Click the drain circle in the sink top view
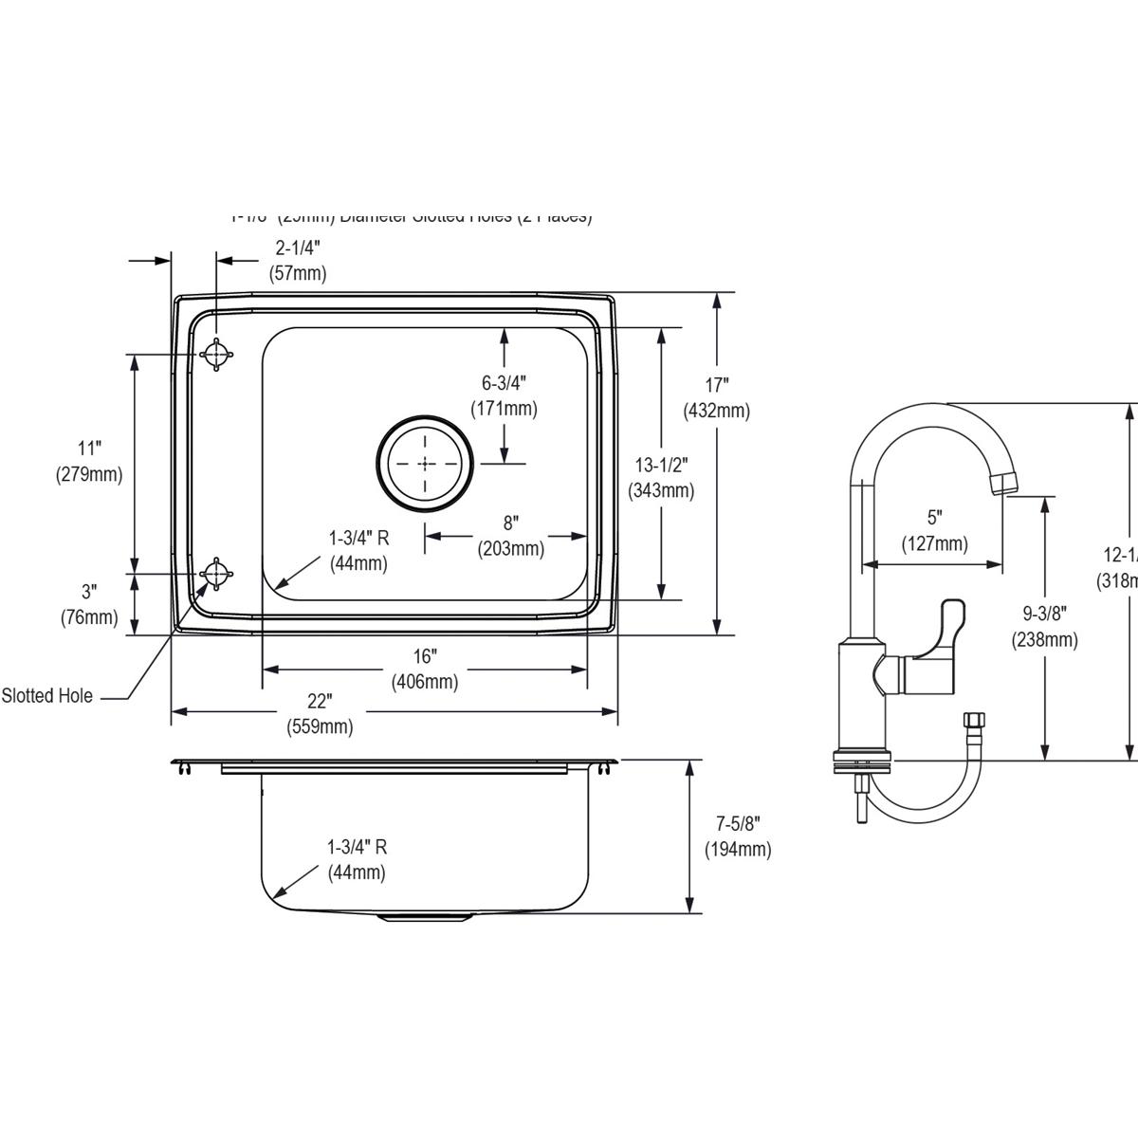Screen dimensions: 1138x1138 click(x=425, y=463)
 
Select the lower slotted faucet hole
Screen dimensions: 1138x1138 click(x=217, y=574)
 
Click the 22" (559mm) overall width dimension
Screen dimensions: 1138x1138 click(x=320, y=714)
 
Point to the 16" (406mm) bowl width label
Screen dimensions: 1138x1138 click(x=425, y=669)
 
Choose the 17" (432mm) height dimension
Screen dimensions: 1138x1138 click(x=716, y=397)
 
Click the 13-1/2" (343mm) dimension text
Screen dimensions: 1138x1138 click(x=661, y=477)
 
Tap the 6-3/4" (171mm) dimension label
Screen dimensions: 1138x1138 click(x=504, y=395)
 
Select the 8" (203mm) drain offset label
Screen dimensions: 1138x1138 click(x=511, y=536)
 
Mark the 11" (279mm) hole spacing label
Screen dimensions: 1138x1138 click(x=89, y=461)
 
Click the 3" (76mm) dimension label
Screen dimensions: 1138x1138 click(x=88, y=605)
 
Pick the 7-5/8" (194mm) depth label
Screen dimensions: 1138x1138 click(x=737, y=835)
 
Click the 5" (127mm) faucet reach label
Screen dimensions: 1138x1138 click(x=935, y=530)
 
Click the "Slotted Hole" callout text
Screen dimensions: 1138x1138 click(x=47, y=696)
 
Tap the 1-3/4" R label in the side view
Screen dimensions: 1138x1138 click(x=357, y=858)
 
